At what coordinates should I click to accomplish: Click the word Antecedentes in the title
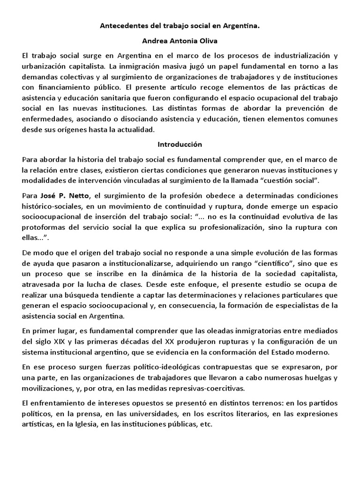[x=123, y=27]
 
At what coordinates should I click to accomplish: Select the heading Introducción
[x=180, y=144]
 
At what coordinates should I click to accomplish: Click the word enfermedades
[x=46, y=120]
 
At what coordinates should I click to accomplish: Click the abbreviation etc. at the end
[x=206, y=424]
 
